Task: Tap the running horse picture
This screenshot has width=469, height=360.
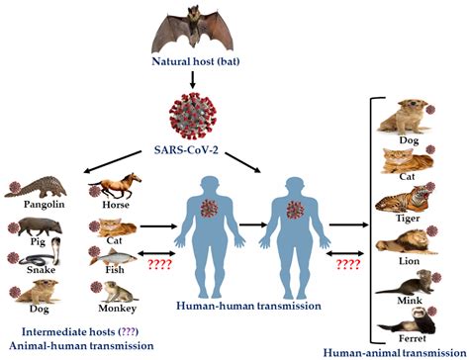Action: click(117, 184)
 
